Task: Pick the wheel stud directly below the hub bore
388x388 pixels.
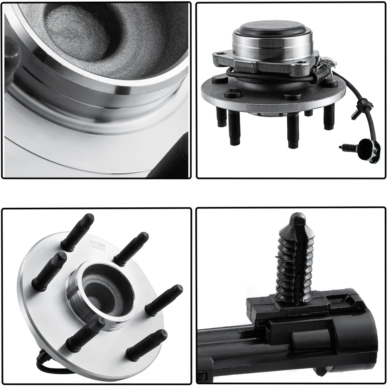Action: pyautogui.click(x=86, y=334)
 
